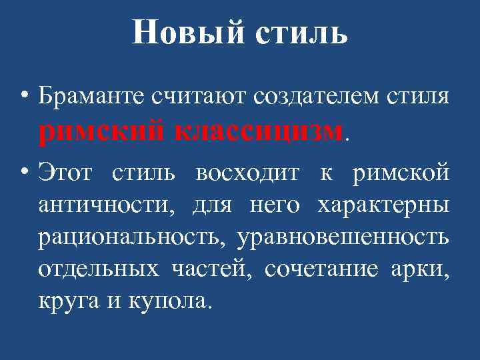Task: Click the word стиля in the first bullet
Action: coord(417,98)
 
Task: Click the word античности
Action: coord(107,206)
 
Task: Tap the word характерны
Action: coord(383,206)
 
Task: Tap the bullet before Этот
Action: coord(25,172)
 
